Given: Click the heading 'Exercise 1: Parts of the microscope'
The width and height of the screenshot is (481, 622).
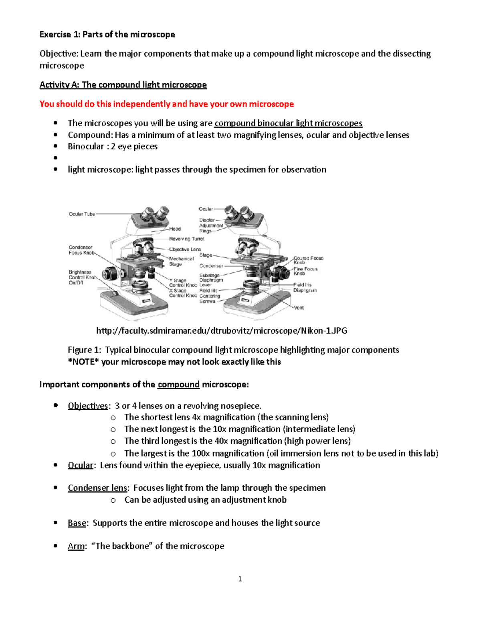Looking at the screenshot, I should point(107,34).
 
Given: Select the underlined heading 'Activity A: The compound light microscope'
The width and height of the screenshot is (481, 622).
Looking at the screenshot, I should point(123,85).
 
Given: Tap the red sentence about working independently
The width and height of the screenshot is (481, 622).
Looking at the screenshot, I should point(166,104).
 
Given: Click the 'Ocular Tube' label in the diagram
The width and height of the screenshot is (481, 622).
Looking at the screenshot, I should point(82,214).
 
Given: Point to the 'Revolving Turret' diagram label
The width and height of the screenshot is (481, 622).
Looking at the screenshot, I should point(186,239).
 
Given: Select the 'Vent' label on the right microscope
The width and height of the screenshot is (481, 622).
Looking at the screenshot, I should point(299,308).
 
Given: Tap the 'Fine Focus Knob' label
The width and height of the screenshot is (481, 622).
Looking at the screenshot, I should point(305,271).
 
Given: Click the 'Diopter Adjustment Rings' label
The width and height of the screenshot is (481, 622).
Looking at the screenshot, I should point(211,225).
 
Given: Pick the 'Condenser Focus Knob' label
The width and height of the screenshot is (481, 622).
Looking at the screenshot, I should point(81,250).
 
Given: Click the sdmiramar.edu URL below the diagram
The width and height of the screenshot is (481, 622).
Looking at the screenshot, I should point(222,330).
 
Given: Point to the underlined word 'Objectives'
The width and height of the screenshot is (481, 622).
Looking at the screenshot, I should point(87,406).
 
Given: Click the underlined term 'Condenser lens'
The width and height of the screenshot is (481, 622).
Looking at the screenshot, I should point(97,488).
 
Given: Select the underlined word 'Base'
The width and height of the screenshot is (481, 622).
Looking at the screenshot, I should point(77,523).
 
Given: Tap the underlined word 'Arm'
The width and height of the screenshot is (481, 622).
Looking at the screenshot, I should point(76,546).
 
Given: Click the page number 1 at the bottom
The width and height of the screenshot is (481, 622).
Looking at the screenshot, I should point(240,579).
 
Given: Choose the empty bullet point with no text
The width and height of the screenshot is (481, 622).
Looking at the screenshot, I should point(56,158).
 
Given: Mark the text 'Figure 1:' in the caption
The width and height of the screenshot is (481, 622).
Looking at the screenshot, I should point(84,350).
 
